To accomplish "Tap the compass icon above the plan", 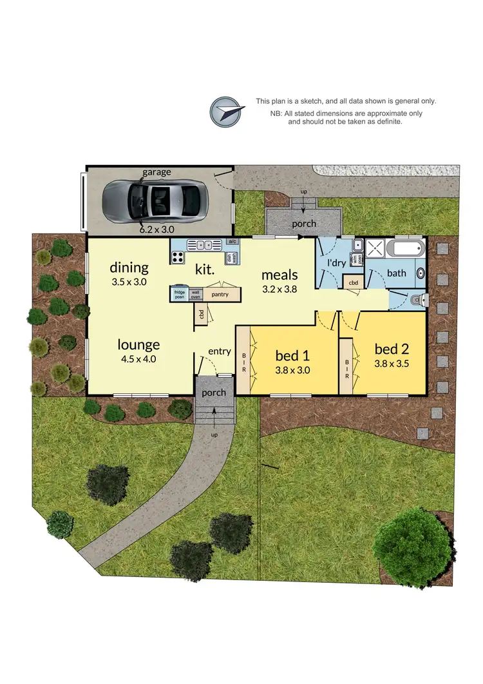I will pyautogui.click(x=226, y=112).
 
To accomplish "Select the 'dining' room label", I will pyautogui.click(x=129, y=267).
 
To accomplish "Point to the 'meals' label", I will pyautogui.click(x=279, y=275).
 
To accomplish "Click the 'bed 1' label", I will pyautogui.click(x=293, y=355).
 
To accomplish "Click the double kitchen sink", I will pyautogui.click(x=204, y=245).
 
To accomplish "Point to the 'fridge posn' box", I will pyautogui.click(x=179, y=295).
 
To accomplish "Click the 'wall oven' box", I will pyautogui.click(x=194, y=295).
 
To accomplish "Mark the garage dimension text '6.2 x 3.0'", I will pyautogui.click(x=157, y=229).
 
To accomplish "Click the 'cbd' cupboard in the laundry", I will pyautogui.click(x=353, y=282).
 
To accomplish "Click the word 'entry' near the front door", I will pyautogui.click(x=220, y=351).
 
